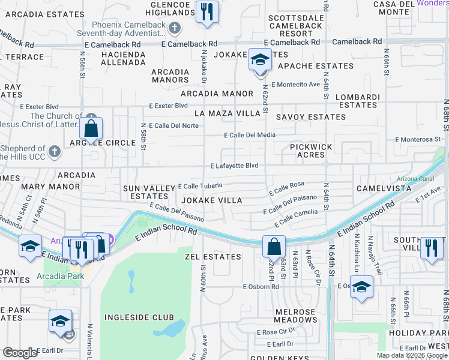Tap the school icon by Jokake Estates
[260, 60]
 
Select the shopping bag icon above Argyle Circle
[91, 128]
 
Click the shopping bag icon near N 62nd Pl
[274, 247]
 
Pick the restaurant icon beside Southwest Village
[431, 248]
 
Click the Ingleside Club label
[139, 317]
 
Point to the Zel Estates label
[213, 257]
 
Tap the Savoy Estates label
[310, 117]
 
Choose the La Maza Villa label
[227, 113]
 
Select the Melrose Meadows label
[295, 316]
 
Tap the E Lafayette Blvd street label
[234, 166]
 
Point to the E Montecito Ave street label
[295, 85]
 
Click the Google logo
[20, 353]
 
